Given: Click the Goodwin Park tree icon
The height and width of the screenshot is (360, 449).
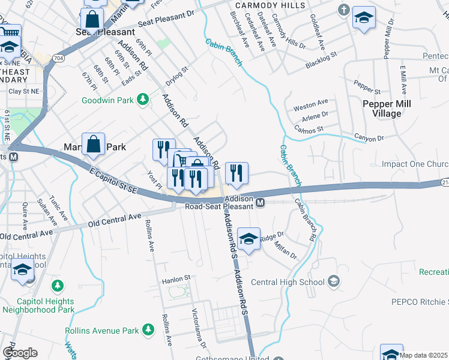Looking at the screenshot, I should click(142, 99).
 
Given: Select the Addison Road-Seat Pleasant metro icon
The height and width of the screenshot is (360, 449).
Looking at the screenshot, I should click(261, 204).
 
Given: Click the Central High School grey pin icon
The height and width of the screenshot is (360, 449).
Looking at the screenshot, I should click(334, 281).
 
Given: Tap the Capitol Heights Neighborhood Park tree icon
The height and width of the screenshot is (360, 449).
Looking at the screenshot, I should click(58, 285).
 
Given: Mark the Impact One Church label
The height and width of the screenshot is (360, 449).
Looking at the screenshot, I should click(415, 164).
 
